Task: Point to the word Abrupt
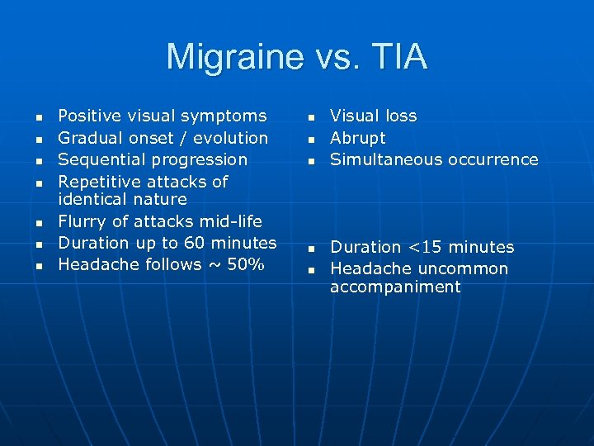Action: (x=358, y=138)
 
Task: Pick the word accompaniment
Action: (x=395, y=287)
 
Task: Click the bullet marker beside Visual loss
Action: (x=312, y=117)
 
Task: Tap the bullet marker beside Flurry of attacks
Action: (x=40, y=223)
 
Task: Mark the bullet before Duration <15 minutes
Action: (x=312, y=249)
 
